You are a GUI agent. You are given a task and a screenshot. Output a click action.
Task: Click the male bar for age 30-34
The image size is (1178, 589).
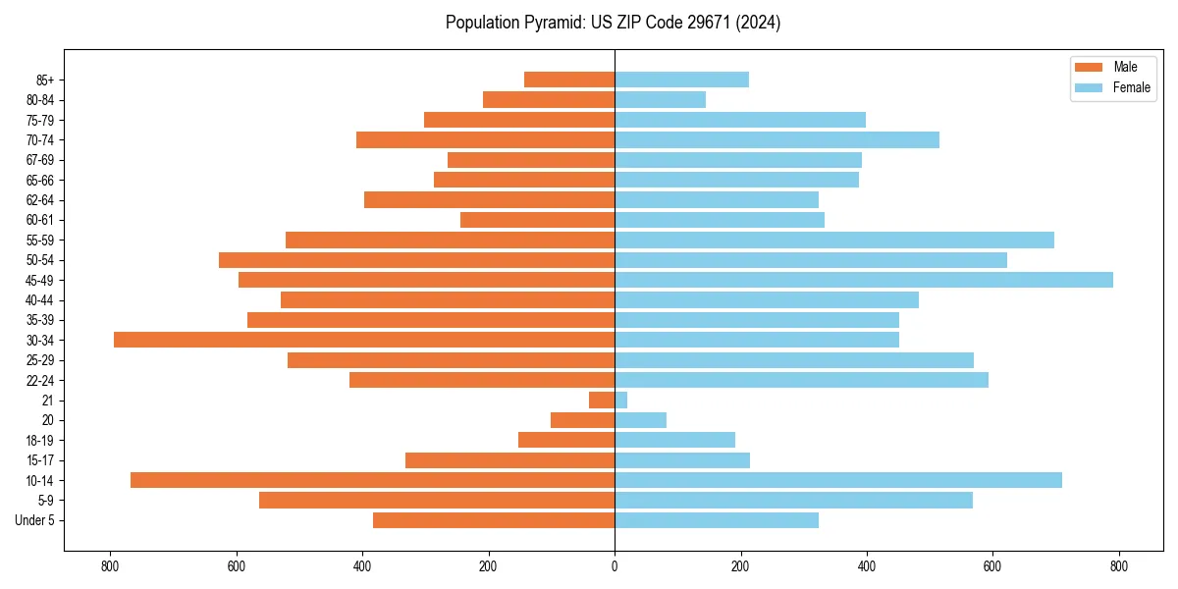(x=363, y=340)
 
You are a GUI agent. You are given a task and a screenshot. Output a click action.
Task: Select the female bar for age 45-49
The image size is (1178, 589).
(x=864, y=280)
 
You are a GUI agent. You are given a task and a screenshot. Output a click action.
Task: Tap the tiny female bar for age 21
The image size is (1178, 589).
(x=620, y=400)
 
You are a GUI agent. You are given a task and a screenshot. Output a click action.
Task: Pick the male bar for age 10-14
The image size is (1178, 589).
(x=373, y=480)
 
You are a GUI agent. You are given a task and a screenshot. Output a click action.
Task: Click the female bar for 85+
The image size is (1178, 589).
(x=681, y=80)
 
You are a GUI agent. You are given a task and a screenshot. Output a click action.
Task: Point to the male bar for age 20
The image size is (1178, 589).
(x=582, y=420)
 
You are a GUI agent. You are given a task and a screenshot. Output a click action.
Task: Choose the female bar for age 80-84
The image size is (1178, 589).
(x=660, y=99)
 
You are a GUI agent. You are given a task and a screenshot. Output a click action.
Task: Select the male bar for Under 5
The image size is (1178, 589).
(x=494, y=520)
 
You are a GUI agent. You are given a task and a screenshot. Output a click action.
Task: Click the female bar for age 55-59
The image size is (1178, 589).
(x=834, y=240)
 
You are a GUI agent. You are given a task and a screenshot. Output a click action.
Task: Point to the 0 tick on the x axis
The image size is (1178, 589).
(x=615, y=565)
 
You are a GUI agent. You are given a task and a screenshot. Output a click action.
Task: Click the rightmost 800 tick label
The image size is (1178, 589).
(x=1119, y=565)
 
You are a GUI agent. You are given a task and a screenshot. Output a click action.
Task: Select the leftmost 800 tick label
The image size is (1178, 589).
(x=110, y=565)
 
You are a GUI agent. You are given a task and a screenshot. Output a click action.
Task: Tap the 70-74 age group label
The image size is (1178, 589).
(x=40, y=139)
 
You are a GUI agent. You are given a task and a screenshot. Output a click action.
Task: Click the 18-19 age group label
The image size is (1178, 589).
(x=40, y=440)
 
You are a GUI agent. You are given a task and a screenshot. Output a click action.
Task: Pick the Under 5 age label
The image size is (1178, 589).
(x=34, y=520)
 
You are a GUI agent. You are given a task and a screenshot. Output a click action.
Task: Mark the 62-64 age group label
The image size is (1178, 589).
(x=40, y=199)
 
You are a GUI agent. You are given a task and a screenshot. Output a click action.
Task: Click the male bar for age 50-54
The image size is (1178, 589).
(x=416, y=260)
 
